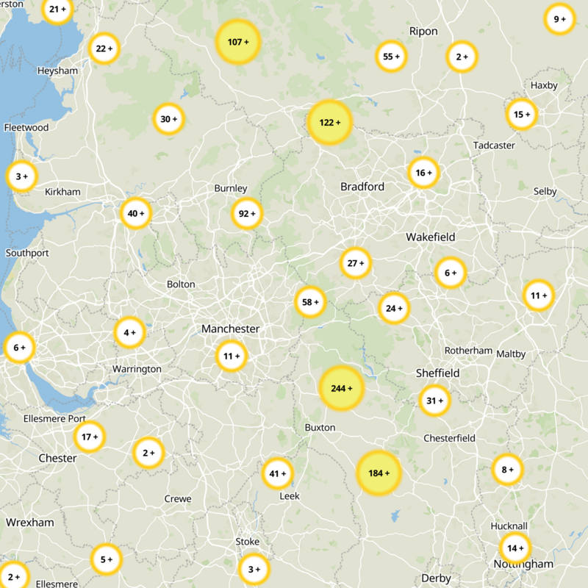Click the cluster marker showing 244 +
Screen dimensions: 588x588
341,387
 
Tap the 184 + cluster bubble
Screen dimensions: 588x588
379,473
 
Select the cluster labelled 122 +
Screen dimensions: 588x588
330,122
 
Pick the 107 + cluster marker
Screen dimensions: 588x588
238,42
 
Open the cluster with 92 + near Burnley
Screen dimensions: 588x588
247,214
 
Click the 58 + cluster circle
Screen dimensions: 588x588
310,301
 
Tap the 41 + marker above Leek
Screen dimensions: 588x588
278,473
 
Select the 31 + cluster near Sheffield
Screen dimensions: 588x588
434,401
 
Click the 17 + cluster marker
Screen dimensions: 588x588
90,437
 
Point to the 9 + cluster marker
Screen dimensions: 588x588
559,19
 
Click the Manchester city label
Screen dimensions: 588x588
230,329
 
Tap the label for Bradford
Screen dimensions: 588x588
362,187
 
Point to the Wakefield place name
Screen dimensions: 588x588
430,237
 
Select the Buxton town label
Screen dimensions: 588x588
319,427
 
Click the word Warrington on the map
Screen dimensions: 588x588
136,368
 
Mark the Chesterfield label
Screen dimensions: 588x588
449,438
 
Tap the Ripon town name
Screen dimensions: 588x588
423,31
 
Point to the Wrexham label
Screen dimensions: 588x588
29,522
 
